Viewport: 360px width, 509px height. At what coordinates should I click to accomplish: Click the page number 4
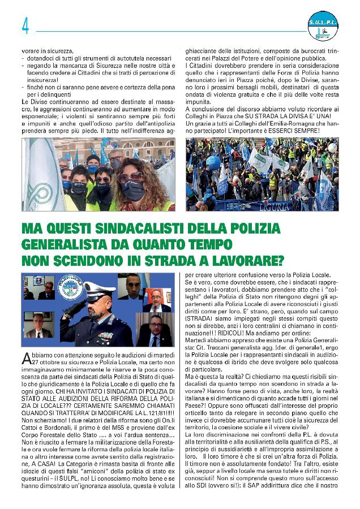[25, 26]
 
